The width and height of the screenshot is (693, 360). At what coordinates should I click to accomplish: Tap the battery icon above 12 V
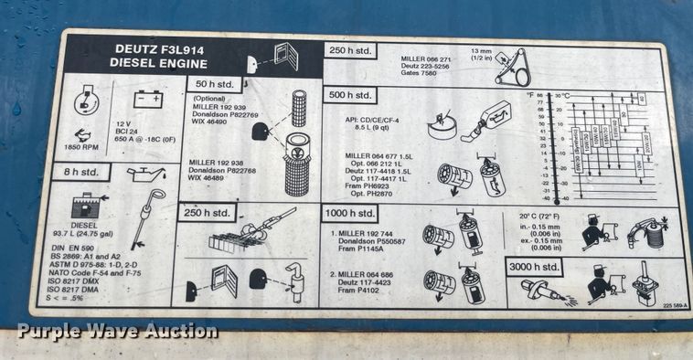pyautogui.click(x=147, y=99)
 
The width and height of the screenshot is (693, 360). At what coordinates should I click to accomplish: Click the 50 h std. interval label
pyautogui.click(x=216, y=84)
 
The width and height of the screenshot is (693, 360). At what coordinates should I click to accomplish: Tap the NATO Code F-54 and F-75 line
pyautogui.click(x=100, y=273)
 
